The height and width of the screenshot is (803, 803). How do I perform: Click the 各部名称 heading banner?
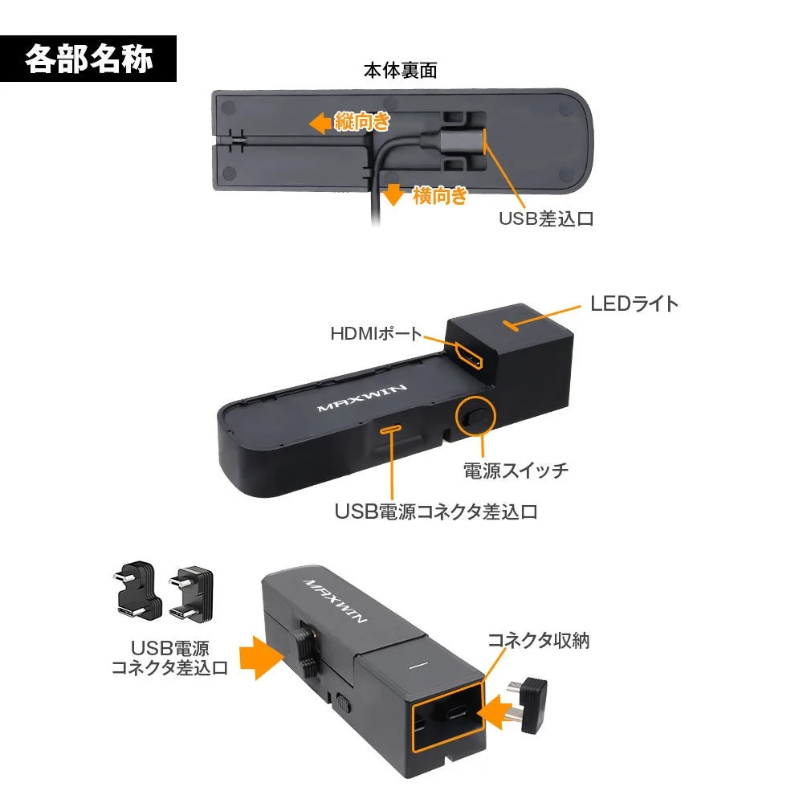click(x=88, y=59)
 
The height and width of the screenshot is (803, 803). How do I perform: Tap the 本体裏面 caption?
click(x=400, y=71)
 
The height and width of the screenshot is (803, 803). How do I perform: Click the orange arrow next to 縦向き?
click(x=320, y=123)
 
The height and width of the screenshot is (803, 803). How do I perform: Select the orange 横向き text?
click(x=439, y=195)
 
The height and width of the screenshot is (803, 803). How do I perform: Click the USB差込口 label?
click(x=546, y=218)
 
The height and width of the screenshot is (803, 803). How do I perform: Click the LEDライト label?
click(x=634, y=304)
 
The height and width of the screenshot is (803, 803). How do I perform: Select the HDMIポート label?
click(x=377, y=332)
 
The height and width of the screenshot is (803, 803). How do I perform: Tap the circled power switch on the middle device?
click(x=475, y=418)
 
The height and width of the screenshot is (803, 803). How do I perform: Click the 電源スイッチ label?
click(x=516, y=471)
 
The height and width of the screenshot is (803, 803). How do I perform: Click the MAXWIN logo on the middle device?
click(x=363, y=396)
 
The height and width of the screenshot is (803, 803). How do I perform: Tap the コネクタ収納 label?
click(x=539, y=640)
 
